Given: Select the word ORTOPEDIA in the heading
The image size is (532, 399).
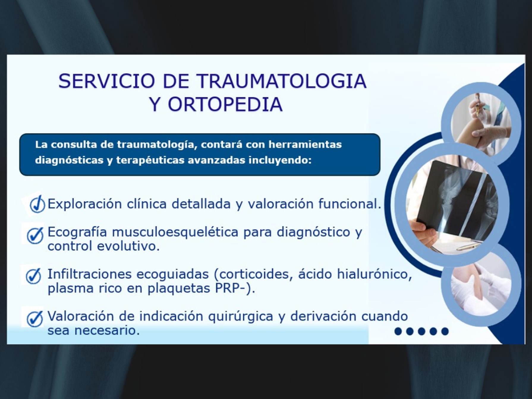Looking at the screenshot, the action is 225,104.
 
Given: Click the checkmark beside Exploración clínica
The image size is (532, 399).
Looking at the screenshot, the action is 37,204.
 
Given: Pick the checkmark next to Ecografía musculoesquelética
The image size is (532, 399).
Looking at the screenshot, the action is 35,235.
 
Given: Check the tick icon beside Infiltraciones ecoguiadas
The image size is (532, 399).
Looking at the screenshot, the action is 33,276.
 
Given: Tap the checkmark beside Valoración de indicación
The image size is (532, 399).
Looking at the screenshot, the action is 35,318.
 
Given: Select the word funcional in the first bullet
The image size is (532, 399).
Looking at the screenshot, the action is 350,204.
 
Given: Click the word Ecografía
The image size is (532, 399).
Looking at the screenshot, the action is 77,232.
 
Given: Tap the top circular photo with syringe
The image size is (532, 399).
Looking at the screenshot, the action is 481,123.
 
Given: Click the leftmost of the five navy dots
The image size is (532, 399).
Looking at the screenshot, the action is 398,331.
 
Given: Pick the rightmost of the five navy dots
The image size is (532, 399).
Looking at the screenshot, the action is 445,331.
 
